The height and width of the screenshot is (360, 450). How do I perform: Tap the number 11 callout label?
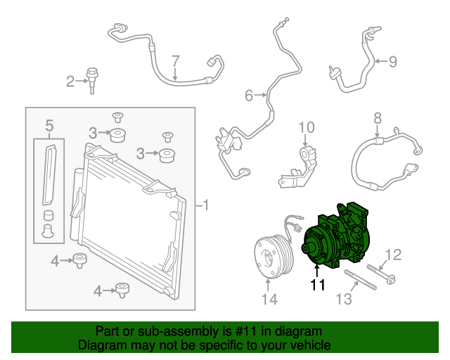[x=318, y=285]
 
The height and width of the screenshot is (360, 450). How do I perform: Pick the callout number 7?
[x=176, y=60]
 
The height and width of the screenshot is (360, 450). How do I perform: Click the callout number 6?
[x=248, y=95]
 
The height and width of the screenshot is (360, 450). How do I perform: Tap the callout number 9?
[x=392, y=61]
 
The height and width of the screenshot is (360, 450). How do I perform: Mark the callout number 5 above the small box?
[x=49, y=126]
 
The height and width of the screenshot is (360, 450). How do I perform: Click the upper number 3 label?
[x=93, y=132]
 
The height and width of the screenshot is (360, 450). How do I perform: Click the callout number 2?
[x=70, y=82]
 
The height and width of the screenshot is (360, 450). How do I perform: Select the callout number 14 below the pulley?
[x=269, y=300]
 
